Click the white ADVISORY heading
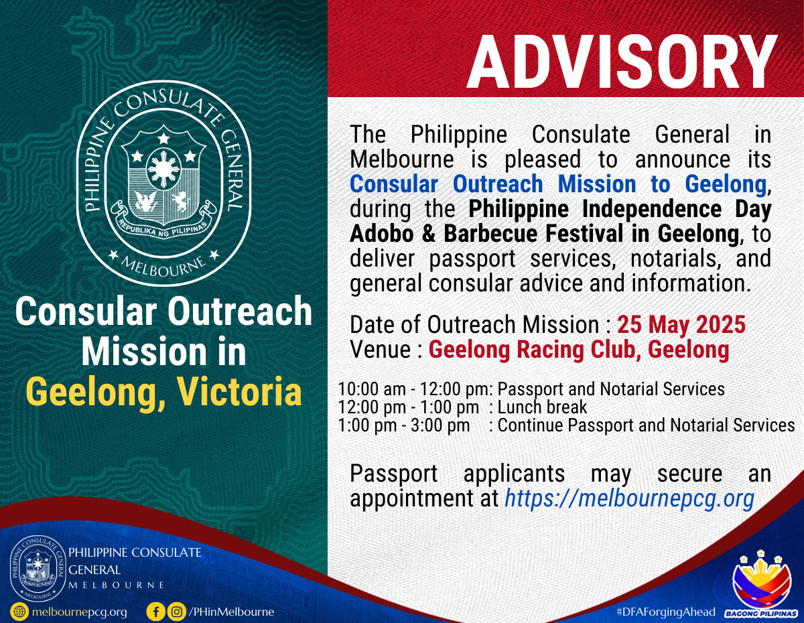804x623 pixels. click(622, 62)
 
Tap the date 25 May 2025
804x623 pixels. click(681, 325)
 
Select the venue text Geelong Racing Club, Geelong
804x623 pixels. click(579, 350)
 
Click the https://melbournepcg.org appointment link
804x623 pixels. click(629, 498)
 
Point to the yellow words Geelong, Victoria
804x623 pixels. click(164, 393)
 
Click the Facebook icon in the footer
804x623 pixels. click(155, 612)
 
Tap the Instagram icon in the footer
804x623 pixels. click(177, 612)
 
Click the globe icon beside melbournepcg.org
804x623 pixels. click(19, 612)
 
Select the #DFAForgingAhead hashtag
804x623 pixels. click(665, 612)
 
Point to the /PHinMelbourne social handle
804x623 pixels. click(231, 612)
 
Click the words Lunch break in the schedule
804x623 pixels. click(542, 407)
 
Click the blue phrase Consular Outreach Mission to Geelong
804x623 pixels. click(558, 184)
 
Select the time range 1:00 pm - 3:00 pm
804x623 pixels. click(403, 425)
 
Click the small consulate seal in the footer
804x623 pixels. click(38, 569)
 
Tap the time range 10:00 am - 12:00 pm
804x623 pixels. click(413, 389)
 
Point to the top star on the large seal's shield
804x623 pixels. click(163, 139)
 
